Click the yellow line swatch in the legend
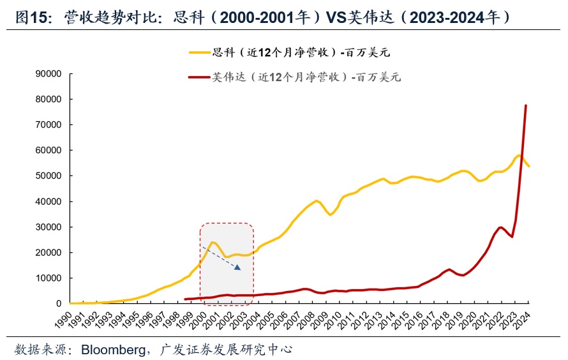[x=198, y=53]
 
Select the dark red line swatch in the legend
[x=198, y=77]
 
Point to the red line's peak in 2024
[x=526, y=105]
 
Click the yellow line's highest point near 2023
[x=519, y=155]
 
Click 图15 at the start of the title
[x=32, y=18]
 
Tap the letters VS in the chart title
[x=337, y=18]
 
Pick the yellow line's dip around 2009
[x=330, y=214]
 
